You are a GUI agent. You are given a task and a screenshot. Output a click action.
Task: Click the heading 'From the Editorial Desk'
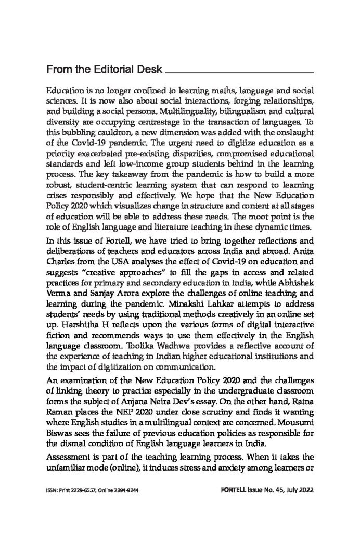click(103, 69)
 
